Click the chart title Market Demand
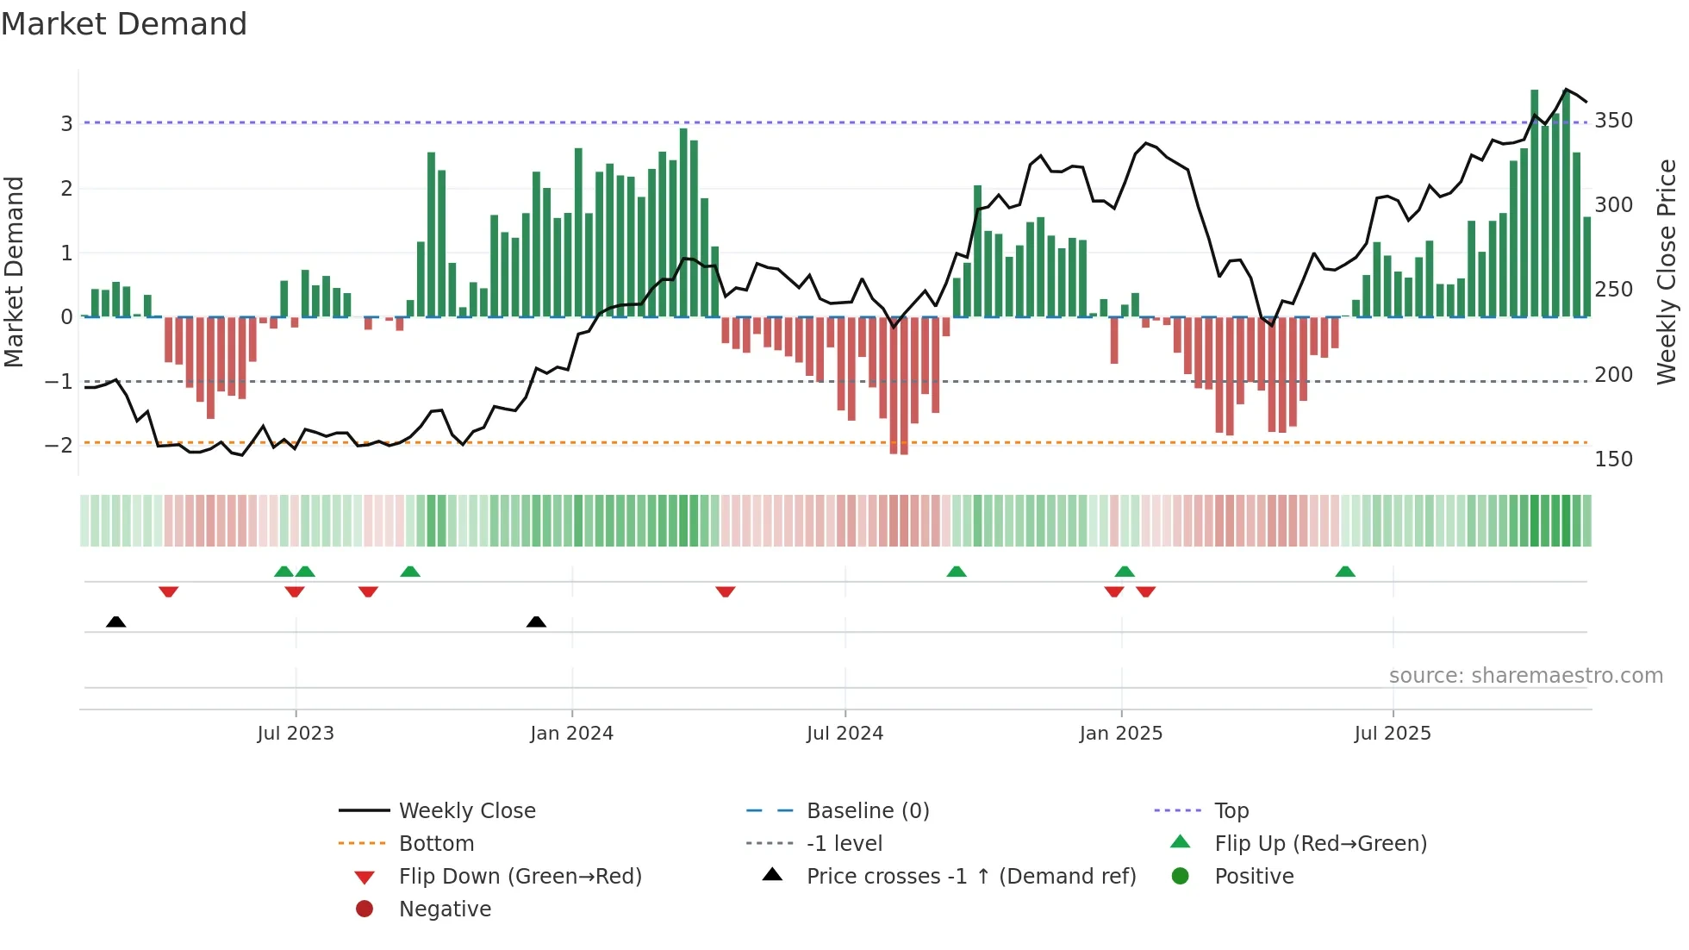(124, 24)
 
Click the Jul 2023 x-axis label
(295, 734)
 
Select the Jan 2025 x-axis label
(1120, 734)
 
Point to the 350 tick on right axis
(1613, 121)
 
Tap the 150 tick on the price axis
(1613, 459)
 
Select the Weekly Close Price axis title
(1667, 272)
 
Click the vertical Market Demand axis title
(15, 272)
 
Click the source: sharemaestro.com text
(1525, 676)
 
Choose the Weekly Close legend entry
(466, 811)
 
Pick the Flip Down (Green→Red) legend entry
(520, 877)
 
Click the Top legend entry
(1231, 811)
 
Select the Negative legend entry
(445, 909)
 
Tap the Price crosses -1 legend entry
(970, 877)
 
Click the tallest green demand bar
(1534, 203)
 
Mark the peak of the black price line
(1566, 90)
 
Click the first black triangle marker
(115, 622)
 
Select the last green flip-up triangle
(1345, 572)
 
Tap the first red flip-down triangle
(169, 591)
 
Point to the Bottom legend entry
(436, 844)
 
